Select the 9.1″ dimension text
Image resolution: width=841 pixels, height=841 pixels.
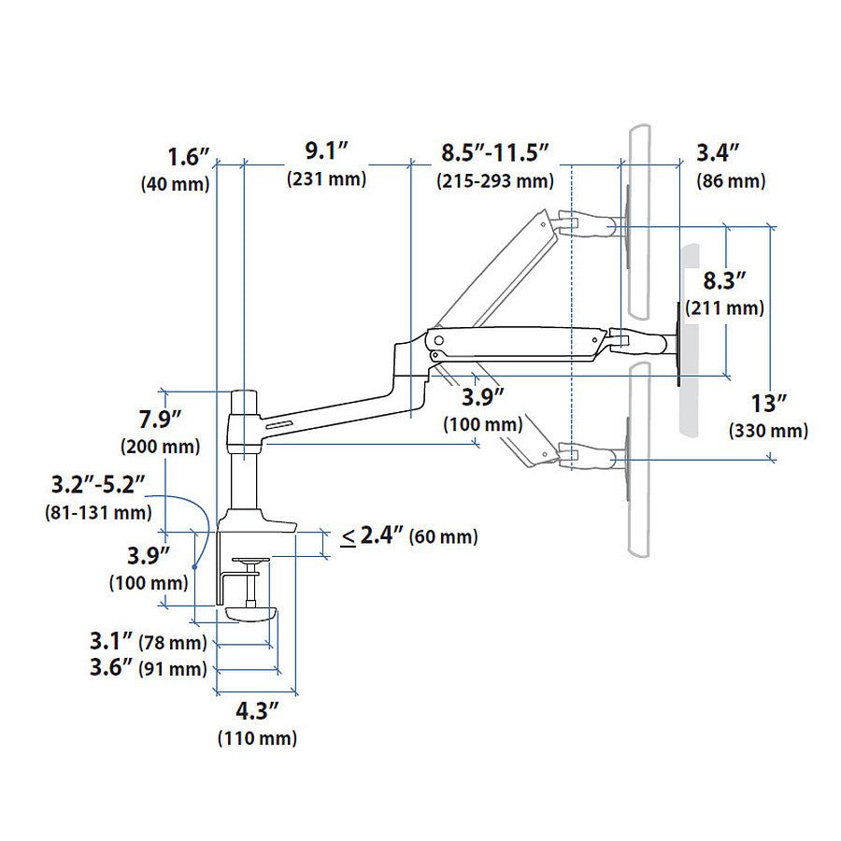[x=326, y=151]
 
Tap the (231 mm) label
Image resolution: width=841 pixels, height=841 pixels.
[x=326, y=179]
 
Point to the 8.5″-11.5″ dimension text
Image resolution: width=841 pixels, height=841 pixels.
[x=494, y=151]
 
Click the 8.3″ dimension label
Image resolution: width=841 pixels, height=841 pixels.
[x=725, y=280]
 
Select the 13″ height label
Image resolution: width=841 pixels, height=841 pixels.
[x=769, y=404]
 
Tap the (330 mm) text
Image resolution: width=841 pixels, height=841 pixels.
[x=769, y=431]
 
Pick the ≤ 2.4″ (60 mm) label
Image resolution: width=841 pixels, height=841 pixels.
[x=408, y=536]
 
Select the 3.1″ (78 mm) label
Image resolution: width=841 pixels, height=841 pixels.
[x=148, y=642]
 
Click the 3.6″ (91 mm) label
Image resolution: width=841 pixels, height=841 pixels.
[x=148, y=668]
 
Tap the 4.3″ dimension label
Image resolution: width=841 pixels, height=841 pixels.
[x=257, y=710]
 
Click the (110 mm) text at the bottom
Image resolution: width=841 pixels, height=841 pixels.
[x=257, y=739]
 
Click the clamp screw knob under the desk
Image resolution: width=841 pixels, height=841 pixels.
[x=252, y=613]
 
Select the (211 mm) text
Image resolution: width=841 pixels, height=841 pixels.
[x=725, y=307]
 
